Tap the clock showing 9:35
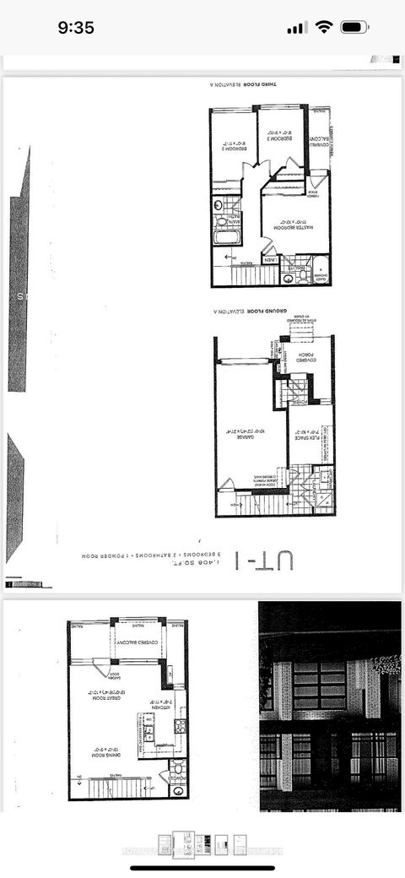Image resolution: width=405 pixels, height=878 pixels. click(x=75, y=27)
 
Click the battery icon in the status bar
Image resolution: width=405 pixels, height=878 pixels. click(x=354, y=27)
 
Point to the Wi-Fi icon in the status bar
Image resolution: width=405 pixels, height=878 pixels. click(x=323, y=27)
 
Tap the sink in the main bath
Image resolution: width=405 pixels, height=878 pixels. click(x=218, y=205)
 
